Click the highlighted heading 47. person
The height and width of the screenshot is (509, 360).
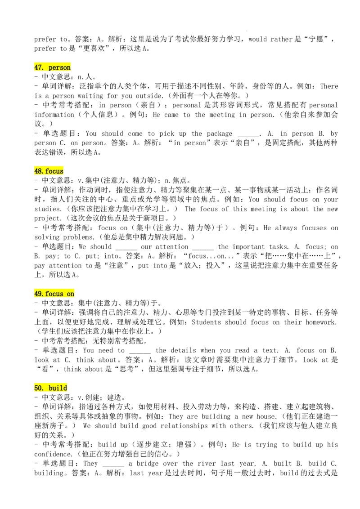[52, 67]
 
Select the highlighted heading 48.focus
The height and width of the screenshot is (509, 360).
[49, 171]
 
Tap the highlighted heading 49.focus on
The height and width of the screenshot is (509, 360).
[54, 294]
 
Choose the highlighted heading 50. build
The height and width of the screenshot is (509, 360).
[51, 388]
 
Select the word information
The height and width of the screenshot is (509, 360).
[54, 115]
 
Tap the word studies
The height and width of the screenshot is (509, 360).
[48, 209]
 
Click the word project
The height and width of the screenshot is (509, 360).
[47, 219]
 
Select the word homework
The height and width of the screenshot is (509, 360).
[321, 322]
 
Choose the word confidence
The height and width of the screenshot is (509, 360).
[53, 454]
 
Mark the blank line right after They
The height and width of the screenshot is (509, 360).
[113, 466]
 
